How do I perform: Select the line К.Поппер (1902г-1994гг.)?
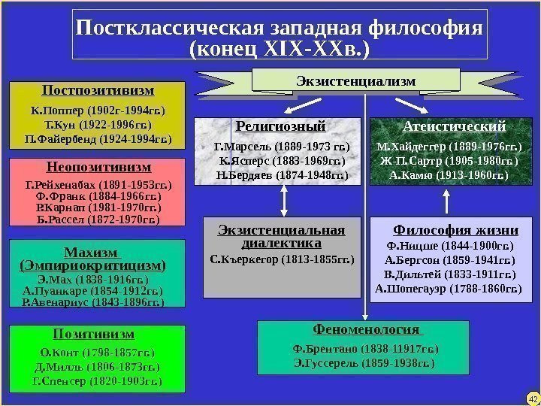[x=98, y=111]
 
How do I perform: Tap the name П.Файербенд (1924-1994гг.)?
[x=98, y=139]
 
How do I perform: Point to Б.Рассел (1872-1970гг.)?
[x=98, y=220]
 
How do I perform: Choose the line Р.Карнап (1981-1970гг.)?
[x=98, y=208]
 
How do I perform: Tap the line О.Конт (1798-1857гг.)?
[x=98, y=353]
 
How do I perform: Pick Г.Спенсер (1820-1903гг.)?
[x=98, y=380]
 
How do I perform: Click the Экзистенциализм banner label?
[x=355, y=80]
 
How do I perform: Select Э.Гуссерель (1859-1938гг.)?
[x=364, y=363]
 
